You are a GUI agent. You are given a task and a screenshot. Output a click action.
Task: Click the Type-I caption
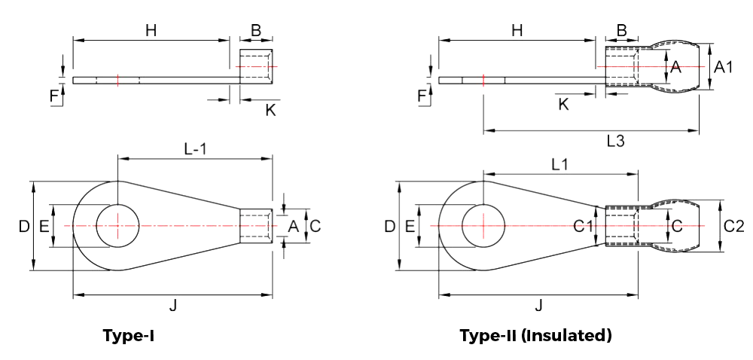pos(129,336)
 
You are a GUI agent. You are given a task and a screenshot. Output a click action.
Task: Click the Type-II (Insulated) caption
pos(535,336)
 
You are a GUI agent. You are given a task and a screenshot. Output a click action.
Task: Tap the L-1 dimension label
pos(195,149)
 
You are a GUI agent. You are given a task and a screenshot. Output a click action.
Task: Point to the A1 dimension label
pos(724,68)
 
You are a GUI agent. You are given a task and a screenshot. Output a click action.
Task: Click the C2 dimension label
pos(733,225)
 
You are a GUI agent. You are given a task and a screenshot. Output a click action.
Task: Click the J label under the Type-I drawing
pos(173,305)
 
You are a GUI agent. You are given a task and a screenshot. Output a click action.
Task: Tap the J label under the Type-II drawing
pos(538,305)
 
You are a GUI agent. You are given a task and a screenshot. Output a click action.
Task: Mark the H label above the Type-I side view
pos(151,31)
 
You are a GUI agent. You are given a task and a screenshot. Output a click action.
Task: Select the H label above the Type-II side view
pos(517,31)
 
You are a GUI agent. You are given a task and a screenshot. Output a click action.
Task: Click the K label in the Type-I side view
pos(270,111)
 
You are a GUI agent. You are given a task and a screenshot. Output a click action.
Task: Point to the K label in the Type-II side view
pos(563,104)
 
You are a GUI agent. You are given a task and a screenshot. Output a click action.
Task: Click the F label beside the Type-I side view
pos(53,96)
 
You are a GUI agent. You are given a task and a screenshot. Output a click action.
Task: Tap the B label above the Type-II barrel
pos(621,31)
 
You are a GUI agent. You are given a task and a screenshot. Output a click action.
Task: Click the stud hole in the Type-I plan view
pos(118,225)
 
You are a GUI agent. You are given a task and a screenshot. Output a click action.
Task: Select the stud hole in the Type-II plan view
pos(483,225)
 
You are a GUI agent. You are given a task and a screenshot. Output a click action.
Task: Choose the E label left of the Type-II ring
pos(410,226)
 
